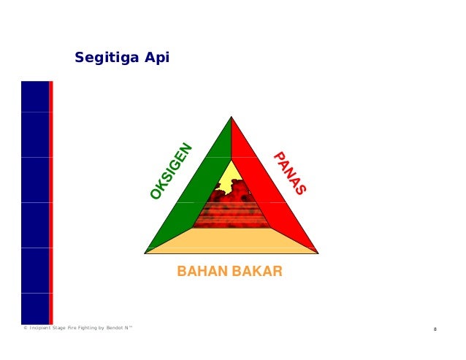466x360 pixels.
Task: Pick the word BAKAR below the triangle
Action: pos(257,272)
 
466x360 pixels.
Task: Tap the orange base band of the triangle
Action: pos(231,240)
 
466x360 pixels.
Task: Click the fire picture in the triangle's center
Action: pos(232,208)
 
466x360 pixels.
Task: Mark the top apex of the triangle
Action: pos(231,118)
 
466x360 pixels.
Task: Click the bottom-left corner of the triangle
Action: pos(146,253)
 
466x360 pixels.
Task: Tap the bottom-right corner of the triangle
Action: pos(317,253)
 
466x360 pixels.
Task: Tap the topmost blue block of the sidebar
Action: pos(34,96)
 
